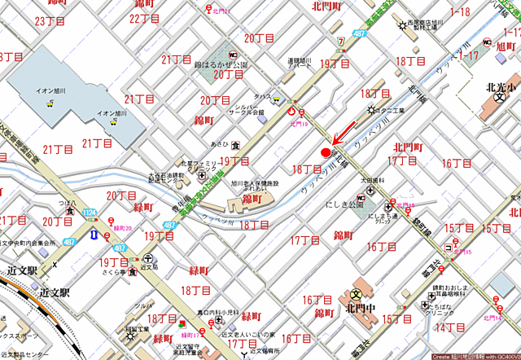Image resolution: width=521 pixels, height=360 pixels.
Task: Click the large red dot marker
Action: click(x=326, y=151)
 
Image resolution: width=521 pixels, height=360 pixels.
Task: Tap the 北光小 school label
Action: click(x=498, y=89)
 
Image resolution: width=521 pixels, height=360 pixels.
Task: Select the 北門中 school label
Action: click(x=357, y=309)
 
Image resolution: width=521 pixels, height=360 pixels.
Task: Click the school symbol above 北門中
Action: click(x=357, y=294)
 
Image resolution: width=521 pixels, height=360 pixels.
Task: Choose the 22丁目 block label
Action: click(x=144, y=18)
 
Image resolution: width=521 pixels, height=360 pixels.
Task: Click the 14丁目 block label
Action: click(x=449, y=327)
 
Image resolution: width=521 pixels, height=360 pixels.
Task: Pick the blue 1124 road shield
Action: click(x=89, y=213)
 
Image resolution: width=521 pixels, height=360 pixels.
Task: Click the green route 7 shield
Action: click(x=339, y=42)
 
